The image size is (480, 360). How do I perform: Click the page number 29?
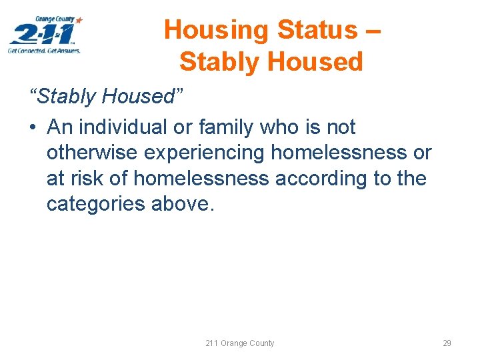point(447,343)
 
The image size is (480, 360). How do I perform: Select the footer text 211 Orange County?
point(239,343)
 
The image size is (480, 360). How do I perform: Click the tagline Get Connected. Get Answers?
point(44,51)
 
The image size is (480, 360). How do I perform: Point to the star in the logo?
point(79,21)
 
